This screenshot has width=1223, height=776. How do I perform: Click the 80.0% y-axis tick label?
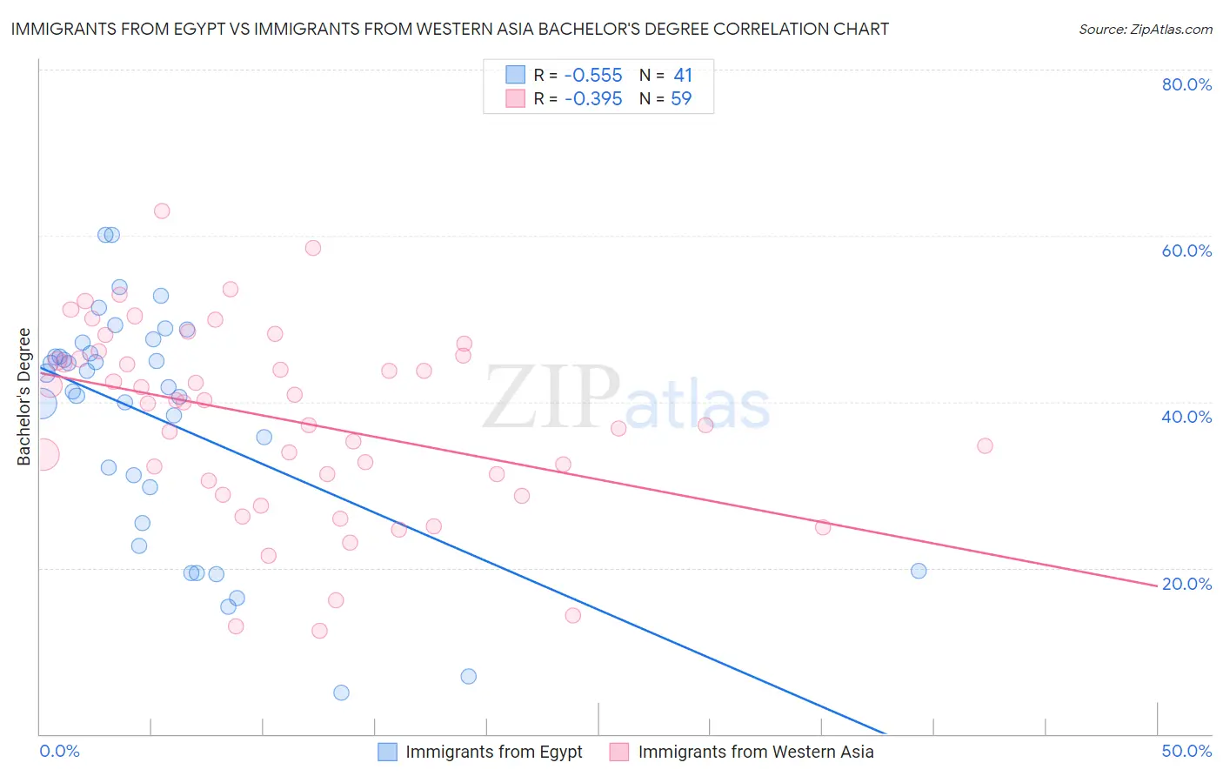tap(1186, 84)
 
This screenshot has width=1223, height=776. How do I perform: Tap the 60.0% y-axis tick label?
tap(1186, 251)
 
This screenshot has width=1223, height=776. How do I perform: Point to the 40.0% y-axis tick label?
tap(1186, 417)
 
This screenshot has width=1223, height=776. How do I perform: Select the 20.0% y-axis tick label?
tap(1186, 584)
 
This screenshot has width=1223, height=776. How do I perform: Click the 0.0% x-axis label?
tap(59, 751)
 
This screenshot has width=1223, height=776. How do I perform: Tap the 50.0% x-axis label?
tap(1186, 751)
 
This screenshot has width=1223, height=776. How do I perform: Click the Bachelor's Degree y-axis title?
tap(24, 397)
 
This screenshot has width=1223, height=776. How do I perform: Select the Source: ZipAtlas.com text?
tap(1145, 30)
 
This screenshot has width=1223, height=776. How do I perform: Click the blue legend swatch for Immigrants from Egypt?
tap(387, 752)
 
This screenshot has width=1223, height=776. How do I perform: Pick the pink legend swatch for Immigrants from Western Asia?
tap(619, 752)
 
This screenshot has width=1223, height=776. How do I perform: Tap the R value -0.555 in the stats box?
tap(593, 76)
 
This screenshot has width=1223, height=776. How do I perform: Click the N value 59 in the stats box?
tap(681, 99)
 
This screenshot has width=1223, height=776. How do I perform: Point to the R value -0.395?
tap(593, 99)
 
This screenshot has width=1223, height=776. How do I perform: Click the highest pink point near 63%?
tap(162, 211)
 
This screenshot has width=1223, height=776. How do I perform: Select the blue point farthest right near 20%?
tap(919, 571)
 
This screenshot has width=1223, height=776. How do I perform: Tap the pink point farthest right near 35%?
tap(985, 445)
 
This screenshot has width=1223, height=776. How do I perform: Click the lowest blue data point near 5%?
tap(341, 692)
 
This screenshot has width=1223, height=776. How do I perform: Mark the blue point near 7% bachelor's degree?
tap(469, 676)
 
